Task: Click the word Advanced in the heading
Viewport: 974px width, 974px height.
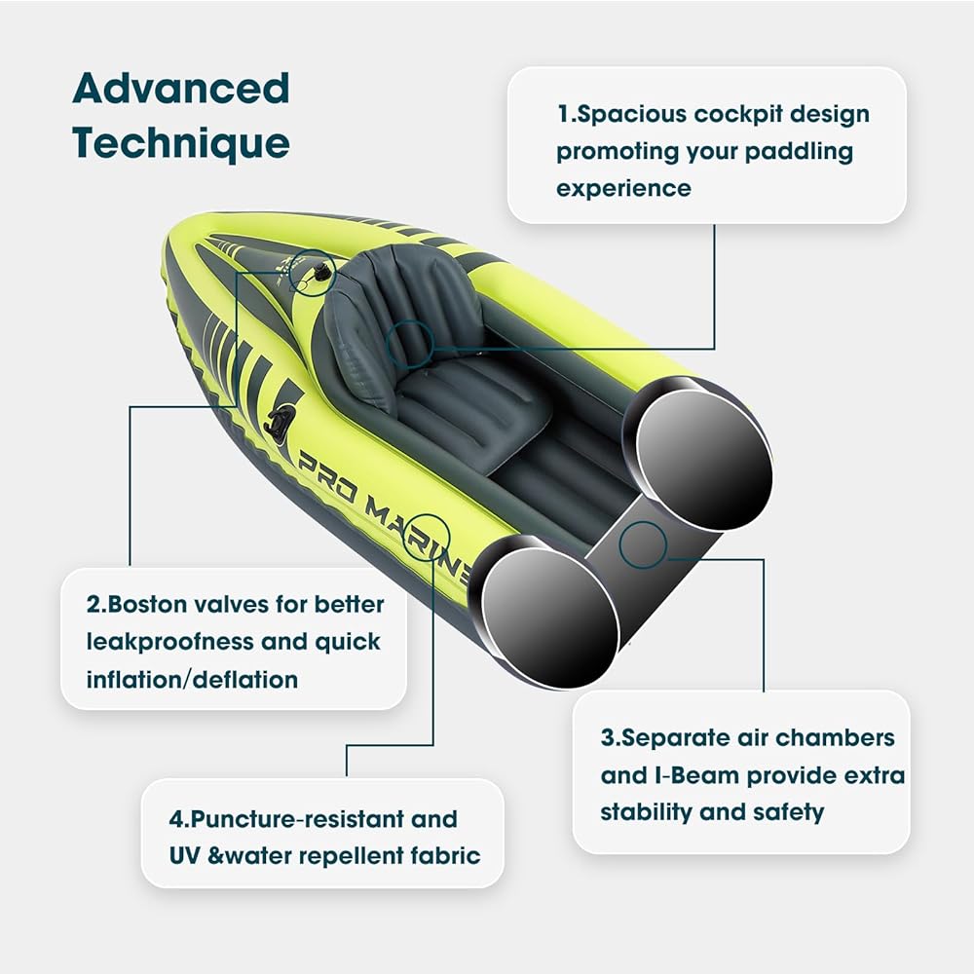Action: (181, 89)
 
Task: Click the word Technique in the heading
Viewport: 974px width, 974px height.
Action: (181, 143)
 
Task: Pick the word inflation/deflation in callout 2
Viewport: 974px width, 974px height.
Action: (192, 679)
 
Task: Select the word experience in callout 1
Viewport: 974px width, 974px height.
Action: (623, 188)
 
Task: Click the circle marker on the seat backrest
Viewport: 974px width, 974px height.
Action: (410, 342)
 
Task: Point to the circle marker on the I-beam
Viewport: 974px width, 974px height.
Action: (643, 543)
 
